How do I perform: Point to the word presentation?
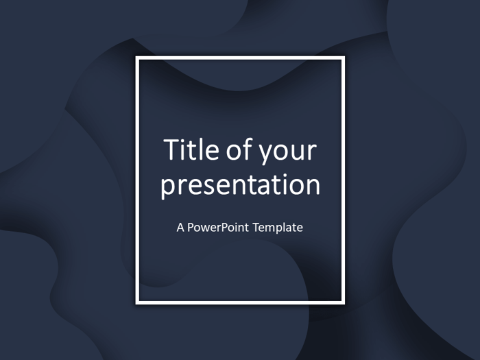240,186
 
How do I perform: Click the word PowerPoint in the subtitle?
219,227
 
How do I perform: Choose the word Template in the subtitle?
278,227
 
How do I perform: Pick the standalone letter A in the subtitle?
180,227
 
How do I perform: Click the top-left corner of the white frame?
137,58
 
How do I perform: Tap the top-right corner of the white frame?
343,58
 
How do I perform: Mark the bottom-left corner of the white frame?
137,302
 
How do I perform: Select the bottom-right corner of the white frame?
343,302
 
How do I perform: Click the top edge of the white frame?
240,58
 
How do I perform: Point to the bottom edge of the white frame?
240,302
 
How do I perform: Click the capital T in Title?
169,150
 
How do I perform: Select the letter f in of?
248,149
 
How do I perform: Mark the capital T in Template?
256,227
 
